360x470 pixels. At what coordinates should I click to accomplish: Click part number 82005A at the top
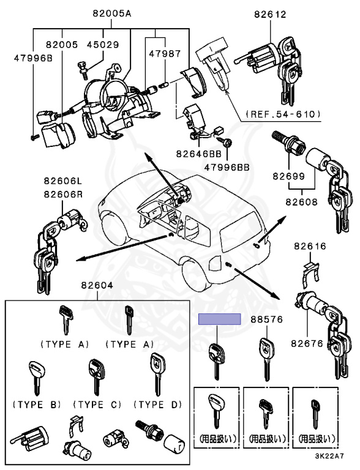click(x=111, y=13)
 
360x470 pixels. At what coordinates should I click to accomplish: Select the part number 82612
click(x=270, y=14)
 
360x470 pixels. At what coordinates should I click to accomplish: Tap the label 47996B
click(x=33, y=58)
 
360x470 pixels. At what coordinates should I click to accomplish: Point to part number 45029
click(x=103, y=45)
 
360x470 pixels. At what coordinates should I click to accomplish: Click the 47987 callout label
click(x=165, y=54)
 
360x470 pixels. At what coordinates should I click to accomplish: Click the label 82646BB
click(x=198, y=154)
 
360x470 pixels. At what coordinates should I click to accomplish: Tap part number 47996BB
click(x=227, y=167)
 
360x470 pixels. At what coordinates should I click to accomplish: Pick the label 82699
click(x=288, y=176)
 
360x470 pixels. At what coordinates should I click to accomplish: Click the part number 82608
click(x=301, y=202)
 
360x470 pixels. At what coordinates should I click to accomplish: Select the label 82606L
click(x=63, y=181)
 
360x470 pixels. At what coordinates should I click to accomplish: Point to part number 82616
click(x=310, y=246)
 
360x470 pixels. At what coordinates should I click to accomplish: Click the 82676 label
click(x=307, y=343)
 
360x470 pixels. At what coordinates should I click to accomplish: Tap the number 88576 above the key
click(x=267, y=319)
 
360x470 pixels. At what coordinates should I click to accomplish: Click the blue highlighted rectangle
click(x=220, y=319)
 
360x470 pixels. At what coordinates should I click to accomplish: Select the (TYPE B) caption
click(x=37, y=405)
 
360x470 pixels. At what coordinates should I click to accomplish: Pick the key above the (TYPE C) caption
click(x=97, y=377)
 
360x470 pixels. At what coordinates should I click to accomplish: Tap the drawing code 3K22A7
click(x=329, y=456)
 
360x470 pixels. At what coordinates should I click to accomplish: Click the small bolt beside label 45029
click(x=83, y=70)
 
